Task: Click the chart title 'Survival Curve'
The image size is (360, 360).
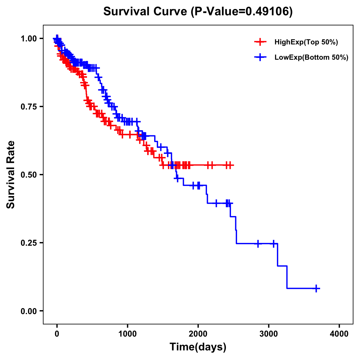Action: [146, 11]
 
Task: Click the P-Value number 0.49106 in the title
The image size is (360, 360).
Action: [268, 11]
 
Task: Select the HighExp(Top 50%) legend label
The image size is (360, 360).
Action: [306, 42]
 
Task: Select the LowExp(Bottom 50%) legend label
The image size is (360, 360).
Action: [311, 58]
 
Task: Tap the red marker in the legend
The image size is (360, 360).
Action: [260, 42]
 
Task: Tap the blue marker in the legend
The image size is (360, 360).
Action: [260, 57]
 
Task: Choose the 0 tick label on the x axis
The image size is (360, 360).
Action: [57, 334]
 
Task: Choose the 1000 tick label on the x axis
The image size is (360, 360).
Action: [127, 334]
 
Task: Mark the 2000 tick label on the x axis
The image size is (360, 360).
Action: [198, 334]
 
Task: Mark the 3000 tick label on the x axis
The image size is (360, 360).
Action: [269, 334]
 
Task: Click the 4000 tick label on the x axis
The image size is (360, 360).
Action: [339, 334]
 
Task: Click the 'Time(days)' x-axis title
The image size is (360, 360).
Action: [198, 347]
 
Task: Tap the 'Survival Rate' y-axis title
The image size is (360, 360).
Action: [11, 175]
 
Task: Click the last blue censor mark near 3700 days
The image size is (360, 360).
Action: [316, 288]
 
